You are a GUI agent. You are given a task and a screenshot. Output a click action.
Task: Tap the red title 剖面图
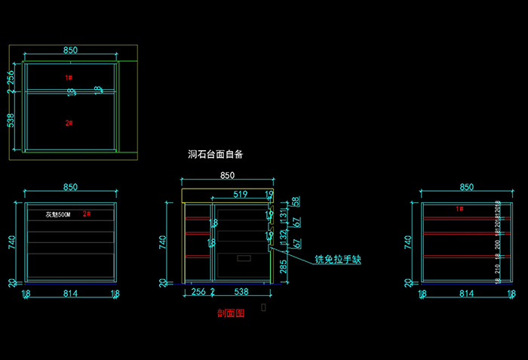[x=230, y=313]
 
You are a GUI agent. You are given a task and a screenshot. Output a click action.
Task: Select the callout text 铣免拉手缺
[x=337, y=260]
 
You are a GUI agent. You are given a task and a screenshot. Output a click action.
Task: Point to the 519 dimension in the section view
[x=240, y=195]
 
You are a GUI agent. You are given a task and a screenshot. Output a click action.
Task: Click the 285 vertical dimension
[x=283, y=266]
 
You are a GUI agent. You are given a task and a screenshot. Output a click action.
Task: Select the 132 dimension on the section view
[x=284, y=238]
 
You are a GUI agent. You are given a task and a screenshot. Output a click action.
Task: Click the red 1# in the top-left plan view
[x=69, y=78]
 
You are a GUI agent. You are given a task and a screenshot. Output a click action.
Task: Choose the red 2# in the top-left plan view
[x=69, y=122]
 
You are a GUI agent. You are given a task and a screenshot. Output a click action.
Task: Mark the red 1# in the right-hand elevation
[x=459, y=208]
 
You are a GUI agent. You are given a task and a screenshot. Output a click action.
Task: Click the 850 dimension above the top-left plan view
[x=70, y=51]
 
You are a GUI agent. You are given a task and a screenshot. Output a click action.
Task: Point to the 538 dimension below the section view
[x=241, y=291]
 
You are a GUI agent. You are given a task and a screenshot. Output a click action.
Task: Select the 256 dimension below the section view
[x=198, y=291]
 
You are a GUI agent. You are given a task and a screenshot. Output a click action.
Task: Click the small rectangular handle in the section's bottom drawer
[x=243, y=258]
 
